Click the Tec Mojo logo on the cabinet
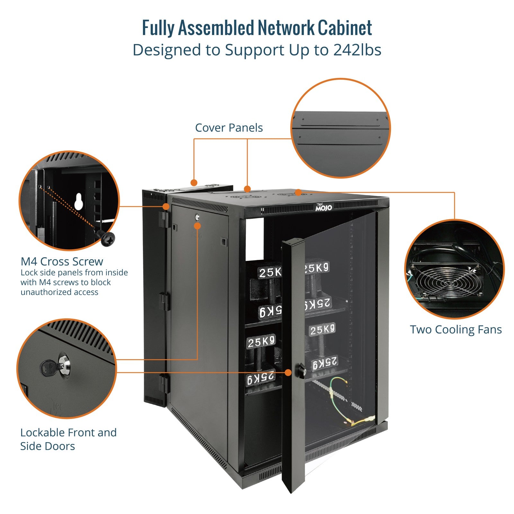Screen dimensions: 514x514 tap(323, 207)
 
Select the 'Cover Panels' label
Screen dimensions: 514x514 tap(229, 128)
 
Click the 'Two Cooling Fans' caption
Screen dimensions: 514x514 tap(456, 330)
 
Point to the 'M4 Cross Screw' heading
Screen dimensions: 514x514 tap(62, 261)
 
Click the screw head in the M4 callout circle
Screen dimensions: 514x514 tap(108, 238)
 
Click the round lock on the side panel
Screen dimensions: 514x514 tap(197, 217)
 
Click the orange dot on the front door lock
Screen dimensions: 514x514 tap(288, 373)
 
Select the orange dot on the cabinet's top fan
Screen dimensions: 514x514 tap(298, 192)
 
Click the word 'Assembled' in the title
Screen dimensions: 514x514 tap(216, 28)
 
